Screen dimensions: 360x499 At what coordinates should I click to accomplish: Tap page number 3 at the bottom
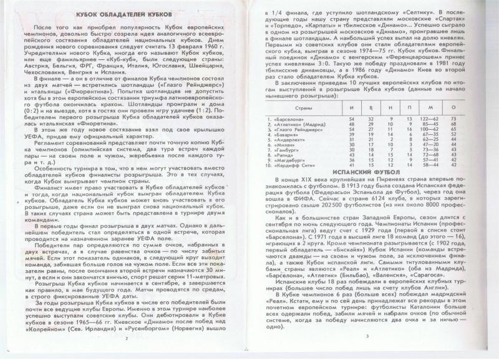[367, 338]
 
